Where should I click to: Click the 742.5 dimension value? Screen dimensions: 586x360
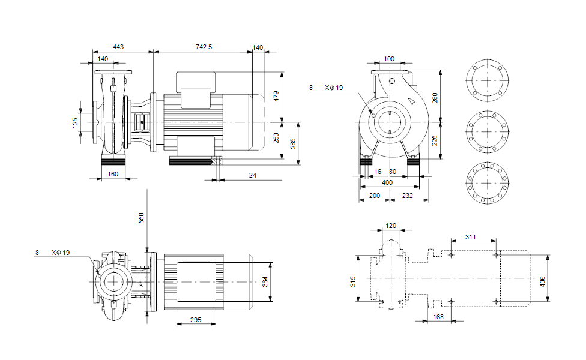pos(204,47)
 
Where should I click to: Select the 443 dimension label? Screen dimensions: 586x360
pos(118,47)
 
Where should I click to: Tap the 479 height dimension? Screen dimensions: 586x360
pos(276,97)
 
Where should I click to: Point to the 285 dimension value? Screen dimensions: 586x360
pos(293,143)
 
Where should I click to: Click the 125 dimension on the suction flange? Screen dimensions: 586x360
pos(75,123)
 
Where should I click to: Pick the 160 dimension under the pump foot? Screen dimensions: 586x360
pos(113,174)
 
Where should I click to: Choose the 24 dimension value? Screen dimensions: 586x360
pos(253,175)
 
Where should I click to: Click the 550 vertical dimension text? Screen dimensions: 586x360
pos(141,218)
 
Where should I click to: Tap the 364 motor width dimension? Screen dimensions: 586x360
pos(265,281)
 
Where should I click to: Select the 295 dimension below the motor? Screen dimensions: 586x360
pos(196,320)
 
